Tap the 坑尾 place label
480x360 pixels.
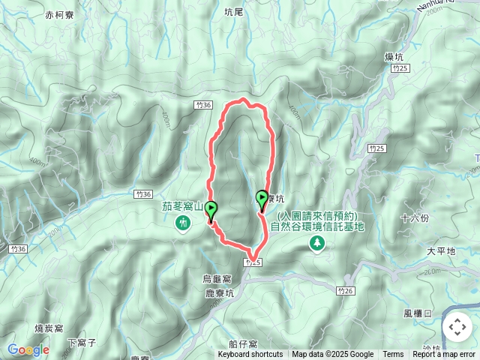(234, 12)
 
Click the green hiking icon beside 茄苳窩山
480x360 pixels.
(183, 223)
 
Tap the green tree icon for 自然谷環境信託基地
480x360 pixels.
(318, 242)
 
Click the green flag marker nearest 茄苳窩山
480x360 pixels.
(212, 209)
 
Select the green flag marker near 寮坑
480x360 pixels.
(262, 199)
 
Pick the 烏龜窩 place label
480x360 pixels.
(218, 278)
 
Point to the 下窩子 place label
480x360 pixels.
(82, 343)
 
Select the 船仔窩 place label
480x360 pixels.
(244, 343)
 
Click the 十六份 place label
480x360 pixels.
(415, 218)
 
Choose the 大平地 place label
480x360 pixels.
(441, 251)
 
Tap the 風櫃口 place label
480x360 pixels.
(418, 313)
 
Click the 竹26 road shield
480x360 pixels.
(345, 290)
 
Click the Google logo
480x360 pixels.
(28, 349)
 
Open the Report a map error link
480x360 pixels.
(444, 355)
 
